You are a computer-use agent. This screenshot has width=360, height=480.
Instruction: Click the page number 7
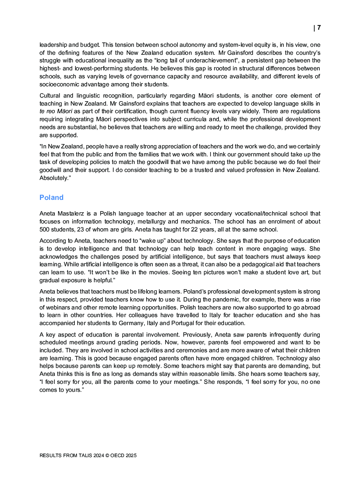pos(319,28)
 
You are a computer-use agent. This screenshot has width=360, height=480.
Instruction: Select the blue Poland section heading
pos(52,197)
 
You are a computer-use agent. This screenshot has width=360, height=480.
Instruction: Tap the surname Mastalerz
pos(71,214)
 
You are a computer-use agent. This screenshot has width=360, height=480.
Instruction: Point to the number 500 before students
pos(44,229)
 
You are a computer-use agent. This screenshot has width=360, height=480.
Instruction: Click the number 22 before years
pos(194,229)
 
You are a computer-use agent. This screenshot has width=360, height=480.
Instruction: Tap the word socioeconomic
pos(57,84)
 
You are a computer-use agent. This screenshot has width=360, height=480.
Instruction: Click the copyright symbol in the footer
pos(107,455)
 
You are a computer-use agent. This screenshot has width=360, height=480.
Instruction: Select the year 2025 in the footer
pos(131,455)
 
